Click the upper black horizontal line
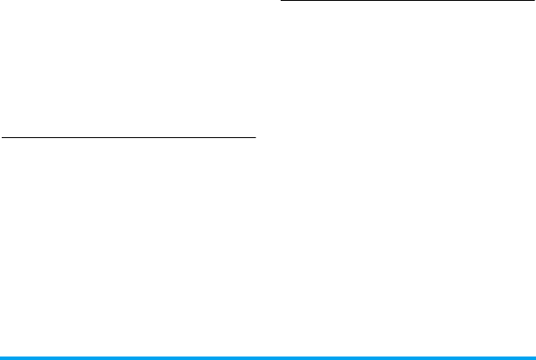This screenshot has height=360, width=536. [406, 2]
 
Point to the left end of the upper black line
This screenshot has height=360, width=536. [281, 2]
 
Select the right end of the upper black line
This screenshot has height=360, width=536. [532, 2]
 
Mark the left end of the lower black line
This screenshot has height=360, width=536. [2, 136]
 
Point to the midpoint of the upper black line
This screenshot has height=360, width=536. [406, 2]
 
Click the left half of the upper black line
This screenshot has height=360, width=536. [343, 2]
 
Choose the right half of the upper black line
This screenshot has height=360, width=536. [469, 2]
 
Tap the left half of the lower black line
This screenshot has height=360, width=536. [65, 136]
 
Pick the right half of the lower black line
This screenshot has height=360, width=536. [191, 136]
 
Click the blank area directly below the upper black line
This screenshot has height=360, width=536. [406, 35]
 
